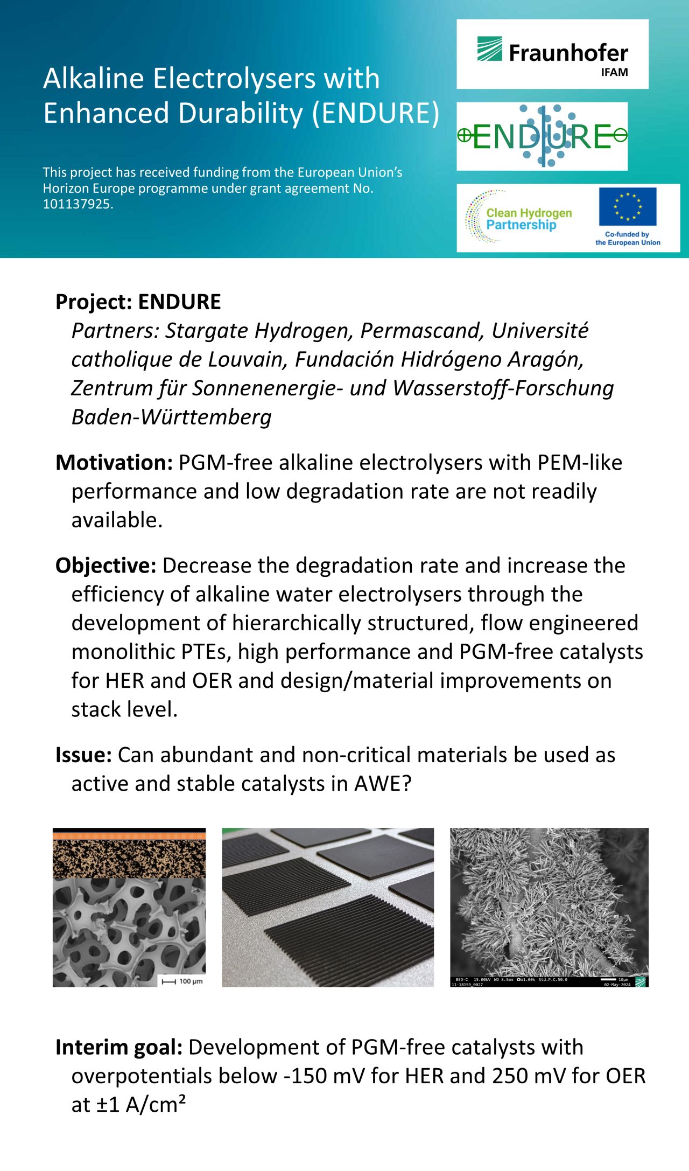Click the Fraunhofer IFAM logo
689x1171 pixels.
point(552,54)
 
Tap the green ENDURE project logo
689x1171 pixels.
point(542,136)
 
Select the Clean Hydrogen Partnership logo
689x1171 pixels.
point(519,218)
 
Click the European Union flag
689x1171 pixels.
point(628,206)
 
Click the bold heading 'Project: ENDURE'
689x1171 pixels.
point(138,302)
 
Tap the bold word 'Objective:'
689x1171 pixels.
point(106,566)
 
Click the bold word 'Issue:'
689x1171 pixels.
point(83,755)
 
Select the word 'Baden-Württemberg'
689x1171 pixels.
point(172,417)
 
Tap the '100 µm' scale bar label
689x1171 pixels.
point(191,981)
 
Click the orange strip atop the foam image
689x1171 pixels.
point(129,836)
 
